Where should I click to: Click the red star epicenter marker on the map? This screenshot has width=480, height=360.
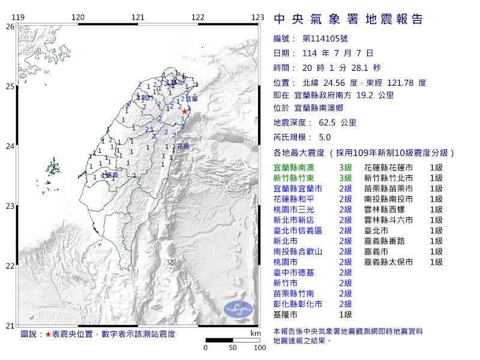184,111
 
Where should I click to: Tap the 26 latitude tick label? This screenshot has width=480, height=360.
10,26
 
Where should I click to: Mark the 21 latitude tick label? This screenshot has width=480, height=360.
10,325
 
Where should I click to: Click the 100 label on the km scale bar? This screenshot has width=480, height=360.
259,347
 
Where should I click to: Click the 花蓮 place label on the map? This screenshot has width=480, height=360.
182,146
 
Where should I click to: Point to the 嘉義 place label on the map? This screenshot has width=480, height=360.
110,175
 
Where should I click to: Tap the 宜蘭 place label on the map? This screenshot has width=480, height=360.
191,98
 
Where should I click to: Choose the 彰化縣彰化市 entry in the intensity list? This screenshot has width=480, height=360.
297,304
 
